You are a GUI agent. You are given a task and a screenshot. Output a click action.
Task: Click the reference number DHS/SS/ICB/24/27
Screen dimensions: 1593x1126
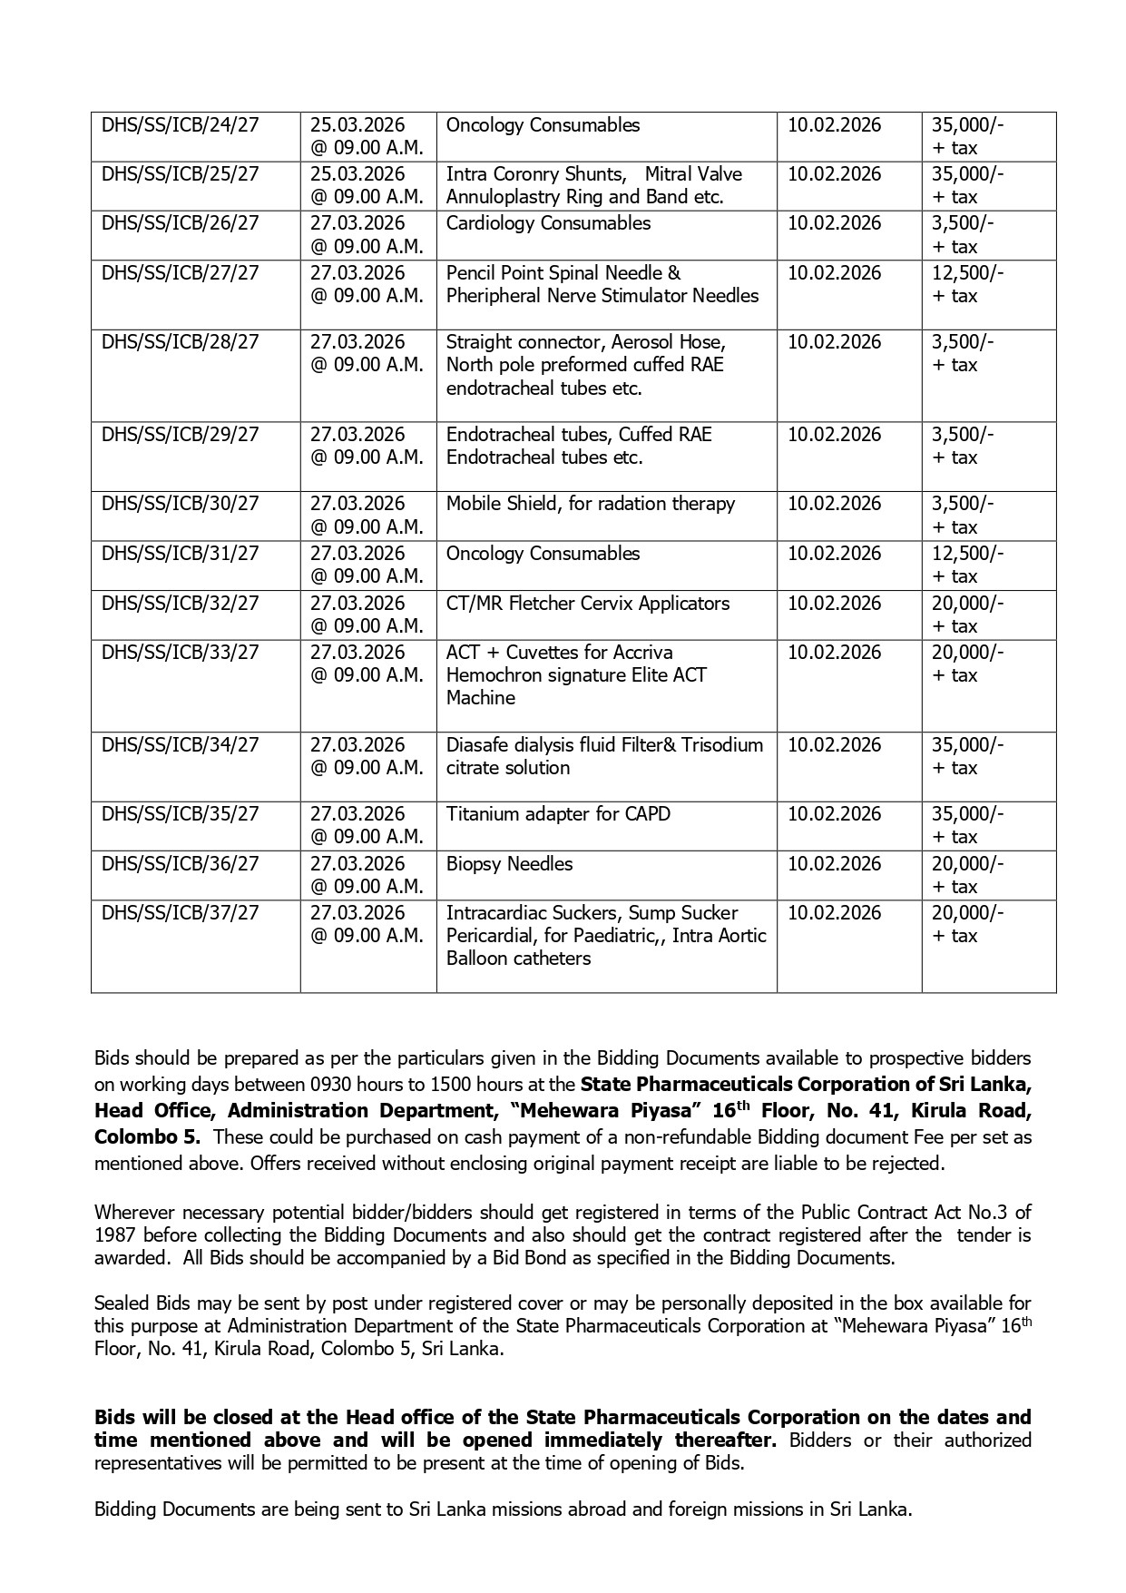click(x=180, y=125)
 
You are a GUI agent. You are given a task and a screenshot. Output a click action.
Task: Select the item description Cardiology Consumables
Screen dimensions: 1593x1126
click(x=548, y=223)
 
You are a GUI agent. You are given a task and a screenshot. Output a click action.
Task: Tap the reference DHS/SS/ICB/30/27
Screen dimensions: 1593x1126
click(x=180, y=504)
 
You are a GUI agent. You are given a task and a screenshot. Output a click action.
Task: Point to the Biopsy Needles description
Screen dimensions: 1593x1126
click(x=509, y=864)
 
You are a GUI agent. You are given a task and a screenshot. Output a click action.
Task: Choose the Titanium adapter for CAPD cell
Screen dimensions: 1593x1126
click(x=558, y=814)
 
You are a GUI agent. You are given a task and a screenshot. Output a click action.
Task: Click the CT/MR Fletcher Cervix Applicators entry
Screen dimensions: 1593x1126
click(x=587, y=604)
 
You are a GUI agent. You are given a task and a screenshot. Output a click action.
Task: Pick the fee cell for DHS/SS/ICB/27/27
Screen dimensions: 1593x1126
click(x=967, y=284)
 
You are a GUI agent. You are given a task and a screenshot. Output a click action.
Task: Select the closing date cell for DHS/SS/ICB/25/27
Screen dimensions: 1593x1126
click(x=367, y=185)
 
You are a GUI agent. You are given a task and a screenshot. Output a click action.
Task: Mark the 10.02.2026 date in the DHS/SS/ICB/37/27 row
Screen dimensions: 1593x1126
click(x=834, y=913)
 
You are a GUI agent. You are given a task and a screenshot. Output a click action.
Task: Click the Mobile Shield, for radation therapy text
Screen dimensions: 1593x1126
click(x=590, y=504)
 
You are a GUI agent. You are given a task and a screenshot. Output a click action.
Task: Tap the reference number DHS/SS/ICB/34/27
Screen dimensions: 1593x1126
click(x=180, y=745)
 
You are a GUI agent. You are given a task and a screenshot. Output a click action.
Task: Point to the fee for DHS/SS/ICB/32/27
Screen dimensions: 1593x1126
click(x=967, y=615)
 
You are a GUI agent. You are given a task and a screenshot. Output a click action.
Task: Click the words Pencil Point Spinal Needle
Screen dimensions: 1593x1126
click(x=563, y=273)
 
